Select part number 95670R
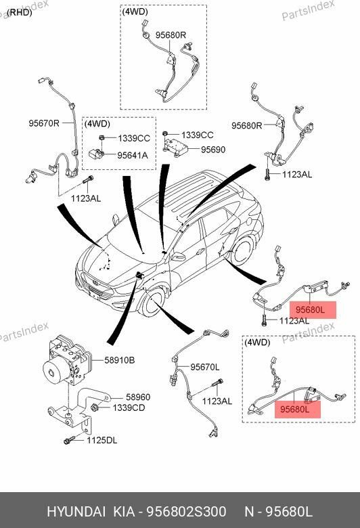pyautogui.click(x=44, y=123)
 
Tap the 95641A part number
pyautogui.click(x=133, y=156)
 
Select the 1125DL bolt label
pyautogui.click(x=102, y=441)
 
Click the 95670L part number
pyautogui.click(x=204, y=367)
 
